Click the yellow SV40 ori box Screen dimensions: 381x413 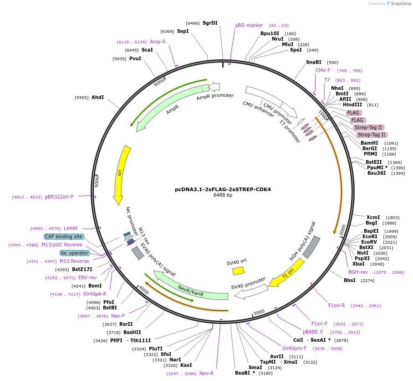tap(238, 271)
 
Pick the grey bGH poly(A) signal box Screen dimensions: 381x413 tap(311, 247)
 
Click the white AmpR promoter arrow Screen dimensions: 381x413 tap(214, 86)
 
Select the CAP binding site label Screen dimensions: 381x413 tap(64, 236)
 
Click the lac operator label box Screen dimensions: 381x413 tap(75, 253)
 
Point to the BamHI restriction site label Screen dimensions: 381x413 tap(369, 143)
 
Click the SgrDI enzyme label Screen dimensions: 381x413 tap(210, 23)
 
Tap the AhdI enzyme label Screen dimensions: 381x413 tap(97, 97)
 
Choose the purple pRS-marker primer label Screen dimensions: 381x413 tap(249, 26)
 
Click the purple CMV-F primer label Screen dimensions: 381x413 tap(323, 70)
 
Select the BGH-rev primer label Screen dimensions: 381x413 tap(357, 272)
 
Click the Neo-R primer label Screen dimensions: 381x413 tap(206, 373)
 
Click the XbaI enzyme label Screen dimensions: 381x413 tap(358, 264)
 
